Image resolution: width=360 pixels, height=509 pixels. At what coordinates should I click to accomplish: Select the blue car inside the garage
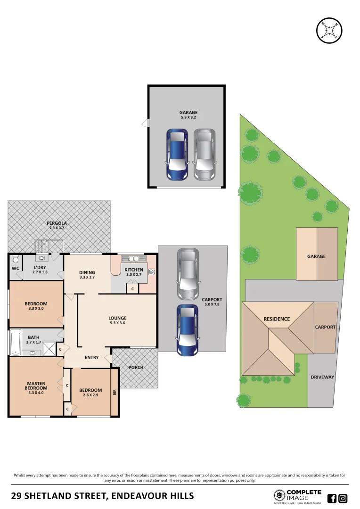coord(177,155)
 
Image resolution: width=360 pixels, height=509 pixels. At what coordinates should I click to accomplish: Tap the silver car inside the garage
coord(204,155)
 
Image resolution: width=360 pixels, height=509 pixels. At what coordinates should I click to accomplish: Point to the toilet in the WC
coord(16,260)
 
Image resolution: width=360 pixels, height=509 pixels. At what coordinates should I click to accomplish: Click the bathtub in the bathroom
coord(16,341)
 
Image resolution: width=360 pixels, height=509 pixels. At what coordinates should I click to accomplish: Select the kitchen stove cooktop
coord(152,271)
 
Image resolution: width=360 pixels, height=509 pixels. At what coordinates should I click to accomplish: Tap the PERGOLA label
coord(57,222)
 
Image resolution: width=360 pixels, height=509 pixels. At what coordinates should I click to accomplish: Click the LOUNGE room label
coord(117,318)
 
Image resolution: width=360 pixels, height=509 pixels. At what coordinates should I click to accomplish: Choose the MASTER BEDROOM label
coord(36,386)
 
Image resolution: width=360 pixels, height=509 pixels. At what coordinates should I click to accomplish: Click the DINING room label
coord(87,272)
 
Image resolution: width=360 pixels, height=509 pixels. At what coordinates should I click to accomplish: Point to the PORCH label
coord(136,368)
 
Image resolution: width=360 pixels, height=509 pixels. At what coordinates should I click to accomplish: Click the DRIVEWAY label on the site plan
coord(322,377)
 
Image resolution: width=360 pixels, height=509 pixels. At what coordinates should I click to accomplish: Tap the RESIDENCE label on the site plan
coord(277,319)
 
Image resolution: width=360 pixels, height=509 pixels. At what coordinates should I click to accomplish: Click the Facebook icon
coord(332,498)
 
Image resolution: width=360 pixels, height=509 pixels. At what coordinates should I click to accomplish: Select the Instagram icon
coord(343,498)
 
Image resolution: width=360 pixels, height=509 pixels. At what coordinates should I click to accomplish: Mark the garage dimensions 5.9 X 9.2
coord(188,118)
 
